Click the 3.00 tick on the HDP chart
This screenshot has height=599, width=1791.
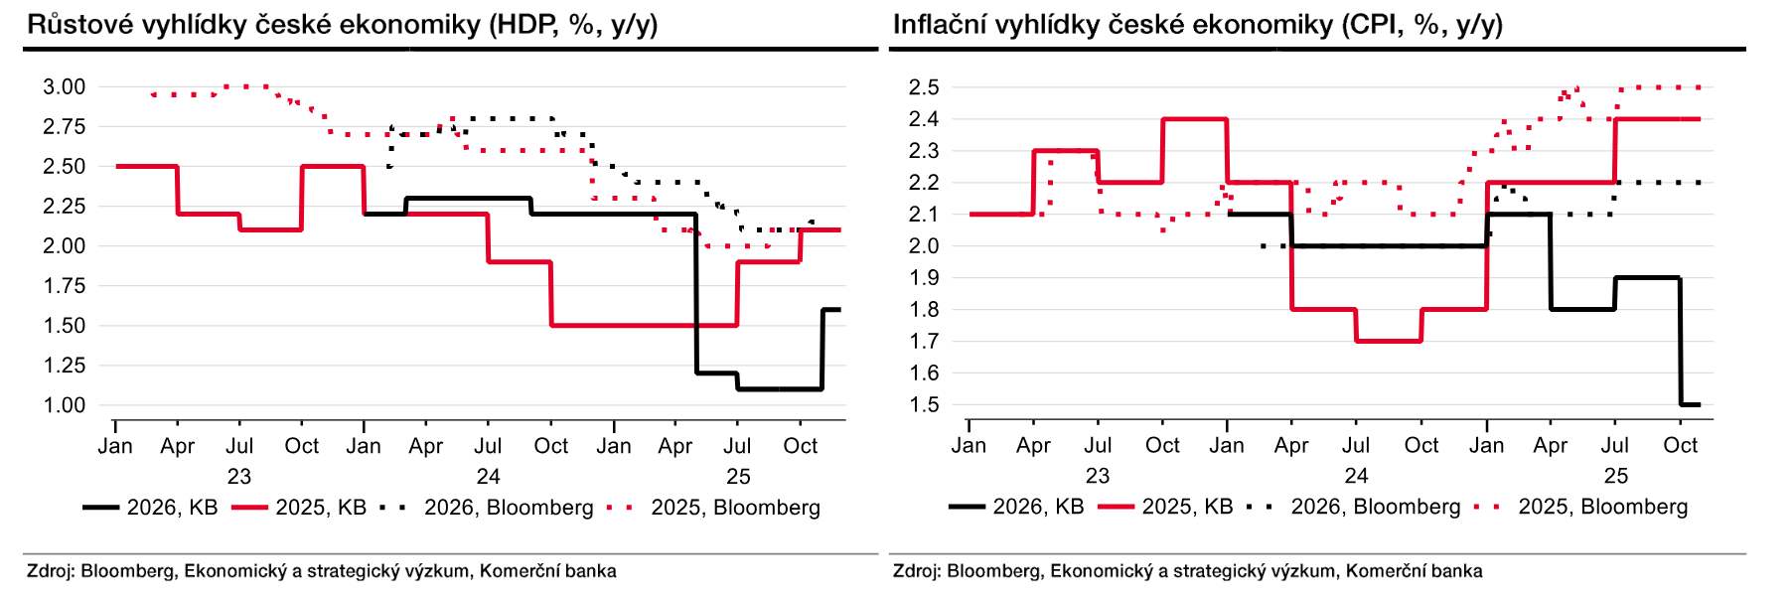[x=64, y=87]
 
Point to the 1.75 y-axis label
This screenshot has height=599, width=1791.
[x=64, y=286]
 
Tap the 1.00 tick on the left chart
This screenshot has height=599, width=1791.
[x=64, y=405]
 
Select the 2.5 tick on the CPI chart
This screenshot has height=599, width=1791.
[x=924, y=87]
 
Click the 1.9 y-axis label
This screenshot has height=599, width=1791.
[x=924, y=278]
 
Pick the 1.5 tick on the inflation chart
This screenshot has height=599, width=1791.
[x=924, y=405]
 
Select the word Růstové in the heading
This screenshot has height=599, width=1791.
[x=79, y=25]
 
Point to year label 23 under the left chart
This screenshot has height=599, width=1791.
[x=239, y=476]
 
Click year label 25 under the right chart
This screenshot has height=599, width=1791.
[x=1616, y=476]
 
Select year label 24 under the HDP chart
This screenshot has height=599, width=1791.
[x=488, y=476]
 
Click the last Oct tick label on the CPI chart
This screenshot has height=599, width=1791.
[x=1681, y=446]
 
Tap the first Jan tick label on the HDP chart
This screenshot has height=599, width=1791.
[x=115, y=446]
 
